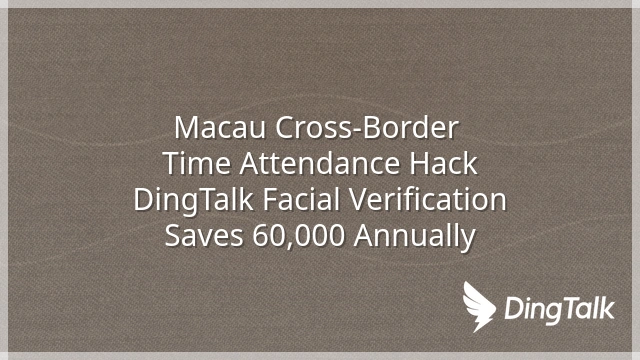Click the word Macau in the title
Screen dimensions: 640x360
(x=220, y=128)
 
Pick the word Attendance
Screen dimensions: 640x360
(x=320, y=163)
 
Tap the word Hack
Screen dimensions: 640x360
(x=443, y=163)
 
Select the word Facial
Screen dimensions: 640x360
(x=300, y=199)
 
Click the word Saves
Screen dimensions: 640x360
(x=204, y=236)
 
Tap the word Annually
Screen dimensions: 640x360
(x=415, y=237)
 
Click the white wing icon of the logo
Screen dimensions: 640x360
(x=478, y=305)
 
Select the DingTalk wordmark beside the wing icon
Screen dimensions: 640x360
(x=560, y=310)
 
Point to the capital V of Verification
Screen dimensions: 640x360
(x=359, y=200)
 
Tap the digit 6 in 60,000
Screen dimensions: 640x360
(x=260, y=236)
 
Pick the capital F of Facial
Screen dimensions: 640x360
(x=270, y=200)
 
